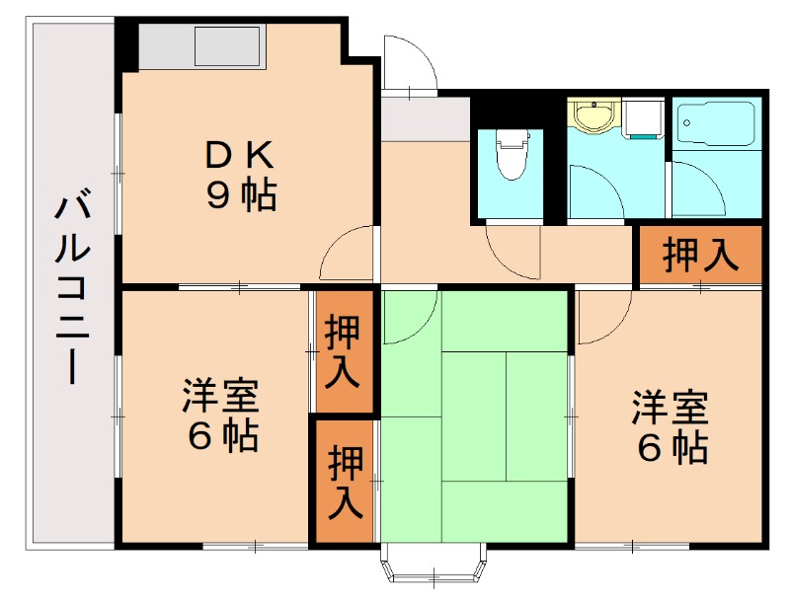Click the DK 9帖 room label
coord(241,175)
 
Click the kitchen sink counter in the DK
coord(202,47)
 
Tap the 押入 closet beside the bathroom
coord(700,256)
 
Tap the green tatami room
coord(474,415)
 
